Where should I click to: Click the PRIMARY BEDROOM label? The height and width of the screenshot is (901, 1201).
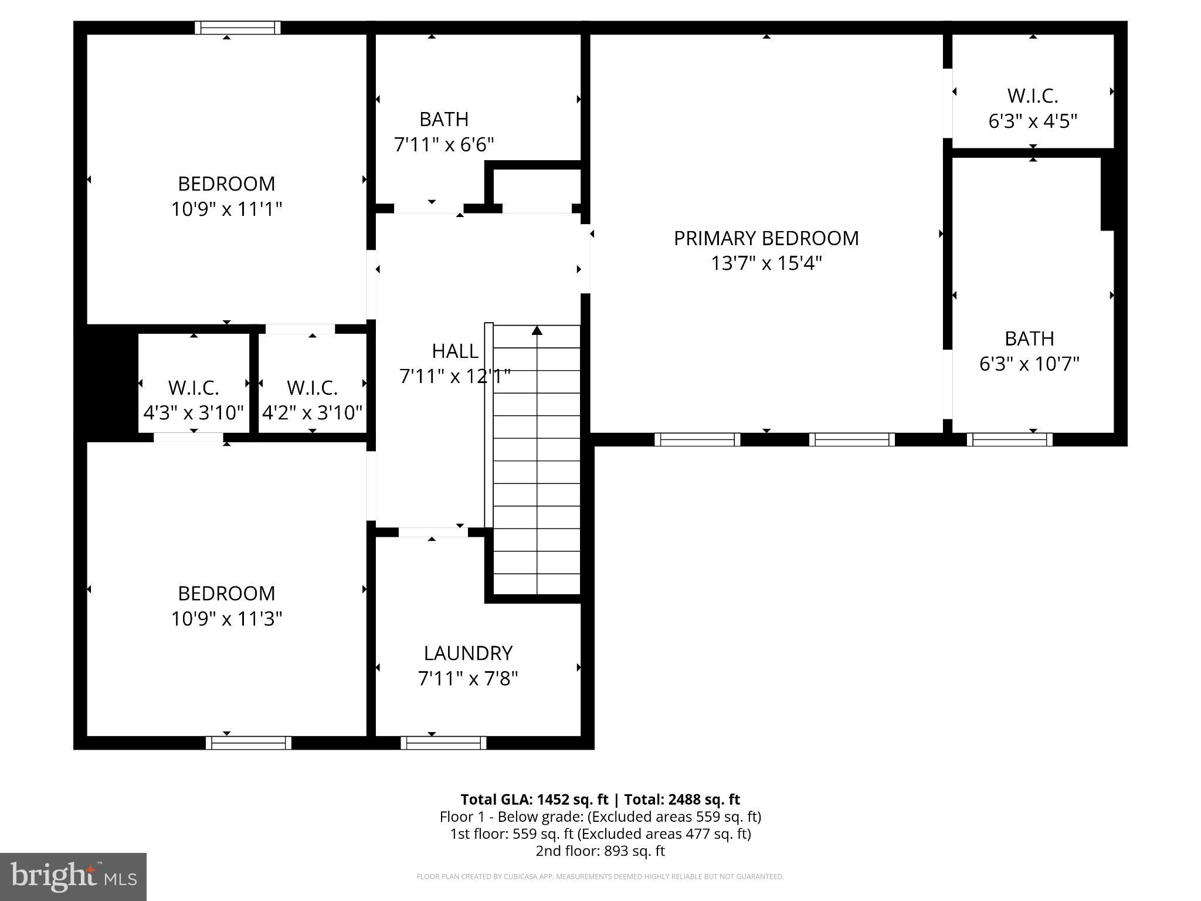(766, 238)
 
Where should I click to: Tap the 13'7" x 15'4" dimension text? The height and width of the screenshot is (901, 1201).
(766, 263)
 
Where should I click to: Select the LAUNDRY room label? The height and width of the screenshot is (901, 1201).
(468, 653)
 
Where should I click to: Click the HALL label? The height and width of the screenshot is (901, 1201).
(455, 351)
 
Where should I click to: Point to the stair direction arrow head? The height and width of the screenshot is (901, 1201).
(537, 330)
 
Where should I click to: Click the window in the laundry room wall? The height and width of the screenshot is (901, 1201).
(443, 743)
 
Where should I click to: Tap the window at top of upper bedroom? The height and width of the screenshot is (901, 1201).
(238, 28)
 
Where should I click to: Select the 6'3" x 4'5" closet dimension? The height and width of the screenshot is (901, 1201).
(1033, 121)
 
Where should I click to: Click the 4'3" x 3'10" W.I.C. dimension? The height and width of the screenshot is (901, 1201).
(194, 413)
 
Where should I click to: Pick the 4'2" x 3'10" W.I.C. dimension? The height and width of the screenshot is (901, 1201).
(312, 413)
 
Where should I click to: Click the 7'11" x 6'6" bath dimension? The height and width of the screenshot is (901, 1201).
(444, 144)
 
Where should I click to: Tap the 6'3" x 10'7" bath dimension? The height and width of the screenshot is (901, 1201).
(1029, 364)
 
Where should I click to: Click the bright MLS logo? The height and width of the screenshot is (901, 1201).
(73, 876)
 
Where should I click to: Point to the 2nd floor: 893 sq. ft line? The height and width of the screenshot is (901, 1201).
(600, 851)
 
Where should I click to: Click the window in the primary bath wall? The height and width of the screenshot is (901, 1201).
(1009, 439)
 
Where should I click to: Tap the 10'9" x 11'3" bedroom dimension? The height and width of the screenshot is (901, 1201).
(226, 619)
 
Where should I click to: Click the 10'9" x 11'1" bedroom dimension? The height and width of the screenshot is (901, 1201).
(226, 209)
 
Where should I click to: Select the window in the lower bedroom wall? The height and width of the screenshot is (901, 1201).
(248, 743)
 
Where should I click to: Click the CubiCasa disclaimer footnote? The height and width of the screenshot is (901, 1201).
(600, 877)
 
